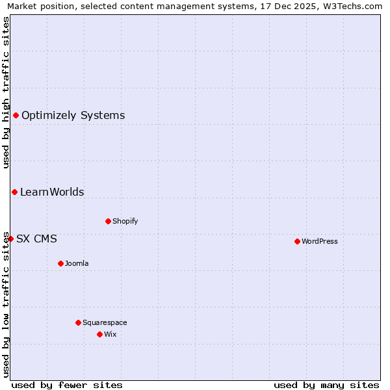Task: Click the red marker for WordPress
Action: click(297, 241)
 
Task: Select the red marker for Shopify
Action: click(108, 221)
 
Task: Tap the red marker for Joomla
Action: click(60, 263)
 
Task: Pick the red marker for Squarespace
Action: click(78, 322)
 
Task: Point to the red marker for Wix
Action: click(99, 334)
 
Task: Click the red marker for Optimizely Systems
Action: click(16, 115)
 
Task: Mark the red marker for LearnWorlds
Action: click(14, 192)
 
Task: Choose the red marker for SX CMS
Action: click(10, 239)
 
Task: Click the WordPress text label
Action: click(320, 241)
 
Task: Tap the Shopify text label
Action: click(125, 221)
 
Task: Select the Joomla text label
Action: click(77, 263)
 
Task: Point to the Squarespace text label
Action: click(105, 322)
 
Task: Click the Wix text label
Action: click(110, 334)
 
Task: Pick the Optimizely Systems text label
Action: click(73, 116)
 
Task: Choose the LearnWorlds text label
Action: click(52, 192)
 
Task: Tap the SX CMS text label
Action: click(36, 239)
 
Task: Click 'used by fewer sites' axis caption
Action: click(67, 385)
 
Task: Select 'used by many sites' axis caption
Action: click(326, 385)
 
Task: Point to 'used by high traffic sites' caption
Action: click(6, 92)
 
